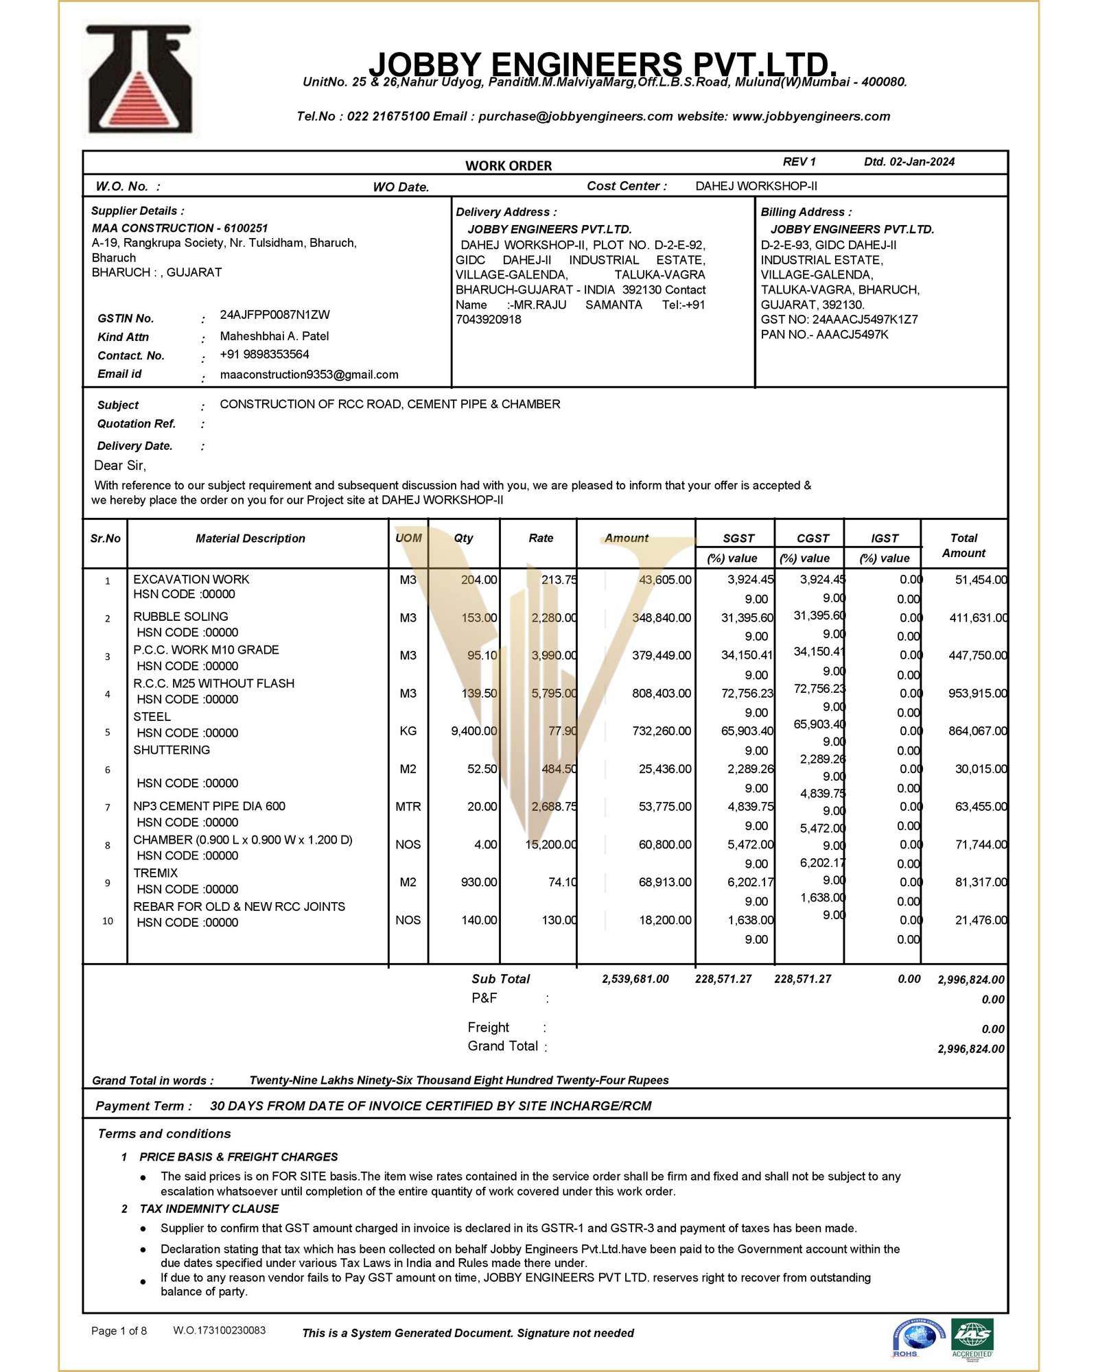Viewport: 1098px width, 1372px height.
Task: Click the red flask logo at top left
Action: pyautogui.click(x=140, y=79)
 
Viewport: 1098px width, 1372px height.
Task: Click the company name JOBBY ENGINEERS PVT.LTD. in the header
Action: pyautogui.click(x=603, y=64)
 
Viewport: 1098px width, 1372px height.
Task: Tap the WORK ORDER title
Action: pyautogui.click(x=509, y=165)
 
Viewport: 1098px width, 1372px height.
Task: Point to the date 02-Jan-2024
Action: pyautogui.click(x=922, y=162)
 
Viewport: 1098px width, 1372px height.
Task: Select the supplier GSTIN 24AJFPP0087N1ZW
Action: pyautogui.click(x=274, y=315)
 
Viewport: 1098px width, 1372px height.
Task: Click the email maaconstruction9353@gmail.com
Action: pyautogui.click(x=309, y=375)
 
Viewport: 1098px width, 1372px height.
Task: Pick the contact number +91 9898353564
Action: pyautogui.click(x=264, y=355)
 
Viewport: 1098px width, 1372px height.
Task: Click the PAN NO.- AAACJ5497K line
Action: pyautogui.click(x=824, y=335)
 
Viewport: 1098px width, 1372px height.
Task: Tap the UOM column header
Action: pyautogui.click(x=408, y=538)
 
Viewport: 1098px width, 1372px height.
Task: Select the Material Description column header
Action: pyautogui.click(x=250, y=539)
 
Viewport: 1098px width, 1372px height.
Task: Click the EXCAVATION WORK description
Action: pyautogui.click(x=191, y=580)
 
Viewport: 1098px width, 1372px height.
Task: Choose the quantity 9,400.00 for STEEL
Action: pyautogui.click(x=474, y=731)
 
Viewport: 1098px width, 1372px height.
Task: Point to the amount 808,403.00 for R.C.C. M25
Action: pyautogui.click(x=662, y=694)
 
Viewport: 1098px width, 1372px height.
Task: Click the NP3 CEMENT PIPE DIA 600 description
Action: pyautogui.click(x=209, y=806)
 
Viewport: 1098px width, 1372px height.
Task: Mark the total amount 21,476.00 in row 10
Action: pyautogui.click(x=981, y=920)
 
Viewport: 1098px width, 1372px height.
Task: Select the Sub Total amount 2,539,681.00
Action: pyautogui.click(x=635, y=979)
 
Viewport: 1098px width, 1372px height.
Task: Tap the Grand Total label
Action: pyautogui.click(x=502, y=1046)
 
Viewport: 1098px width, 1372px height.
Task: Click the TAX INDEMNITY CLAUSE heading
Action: pyautogui.click(x=209, y=1209)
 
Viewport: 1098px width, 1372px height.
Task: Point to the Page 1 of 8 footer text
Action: pyautogui.click(x=119, y=1331)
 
